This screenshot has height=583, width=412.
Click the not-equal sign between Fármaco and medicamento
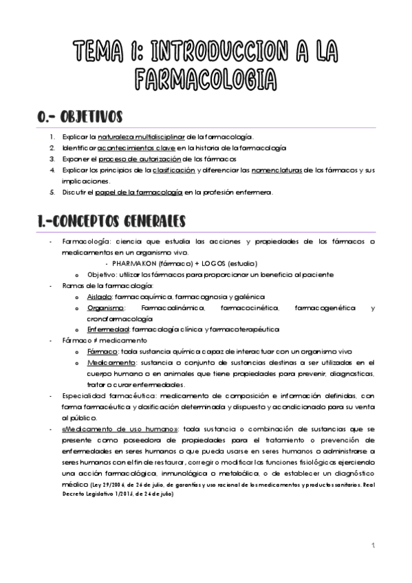(x=85, y=340)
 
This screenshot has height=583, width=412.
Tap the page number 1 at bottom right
(x=372, y=547)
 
